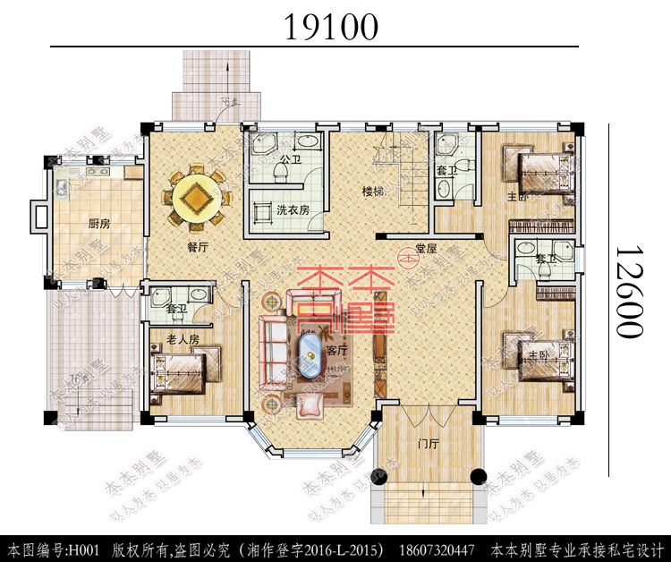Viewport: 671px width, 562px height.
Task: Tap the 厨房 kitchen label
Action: [98, 224]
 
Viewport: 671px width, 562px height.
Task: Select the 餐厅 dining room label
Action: [198, 248]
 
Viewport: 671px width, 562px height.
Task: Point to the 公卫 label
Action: [288, 160]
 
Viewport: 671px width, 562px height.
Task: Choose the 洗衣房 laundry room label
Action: [293, 210]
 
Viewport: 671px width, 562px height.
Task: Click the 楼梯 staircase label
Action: [373, 192]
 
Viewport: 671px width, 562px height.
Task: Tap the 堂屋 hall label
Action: [425, 249]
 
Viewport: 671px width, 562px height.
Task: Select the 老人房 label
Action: [183, 338]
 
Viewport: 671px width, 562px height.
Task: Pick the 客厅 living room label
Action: [336, 351]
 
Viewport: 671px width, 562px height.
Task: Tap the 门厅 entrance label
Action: [429, 443]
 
